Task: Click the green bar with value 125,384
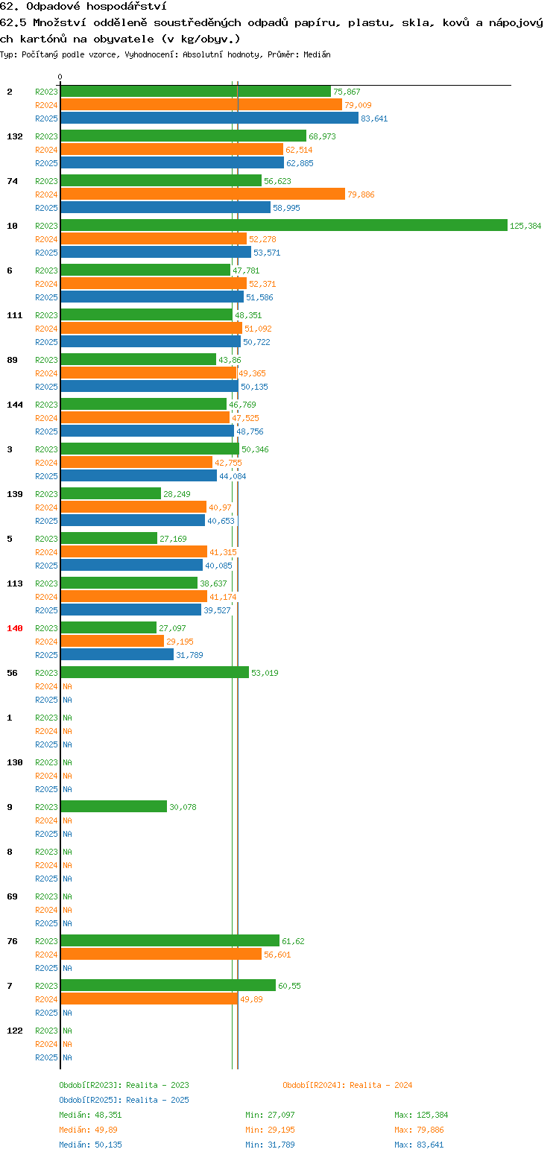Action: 284,225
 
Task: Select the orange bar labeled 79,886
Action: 203,194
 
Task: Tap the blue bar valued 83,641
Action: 209,118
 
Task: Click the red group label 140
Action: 14,628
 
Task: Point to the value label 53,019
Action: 265,673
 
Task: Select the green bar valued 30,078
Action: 114,806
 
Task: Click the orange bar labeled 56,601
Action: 161,955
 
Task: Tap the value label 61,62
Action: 293,941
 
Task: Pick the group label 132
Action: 14,136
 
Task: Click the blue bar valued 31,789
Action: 117,654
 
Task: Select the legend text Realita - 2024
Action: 381,1085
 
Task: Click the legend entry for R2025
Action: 124,1100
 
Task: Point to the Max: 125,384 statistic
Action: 421,1115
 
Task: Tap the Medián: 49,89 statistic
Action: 89,1130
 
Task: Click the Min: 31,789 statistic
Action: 270,1145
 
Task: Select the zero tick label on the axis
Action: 60,77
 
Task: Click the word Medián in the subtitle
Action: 317,54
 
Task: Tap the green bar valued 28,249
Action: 110,494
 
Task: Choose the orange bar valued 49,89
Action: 150,999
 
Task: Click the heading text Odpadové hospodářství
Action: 96,7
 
